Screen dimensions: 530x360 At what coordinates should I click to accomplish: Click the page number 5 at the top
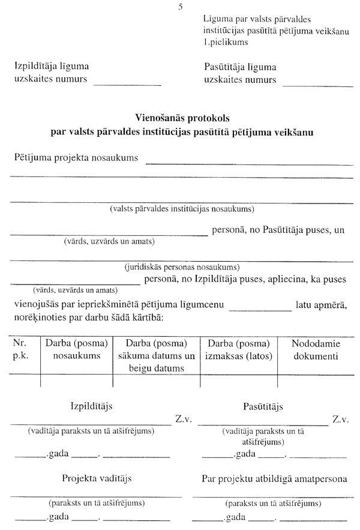click(x=179, y=7)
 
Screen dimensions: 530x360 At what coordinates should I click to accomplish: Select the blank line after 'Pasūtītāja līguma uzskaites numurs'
click(x=318, y=84)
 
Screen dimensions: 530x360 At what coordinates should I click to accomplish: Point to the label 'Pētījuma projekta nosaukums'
click(x=76, y=158)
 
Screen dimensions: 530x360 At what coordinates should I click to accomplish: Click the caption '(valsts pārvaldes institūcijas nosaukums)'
click(x=182, y=209)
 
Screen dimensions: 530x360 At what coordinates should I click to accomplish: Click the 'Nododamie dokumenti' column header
click(x=315, y=350)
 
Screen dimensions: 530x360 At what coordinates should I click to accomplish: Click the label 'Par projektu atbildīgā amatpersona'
click(x=274, y=479)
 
